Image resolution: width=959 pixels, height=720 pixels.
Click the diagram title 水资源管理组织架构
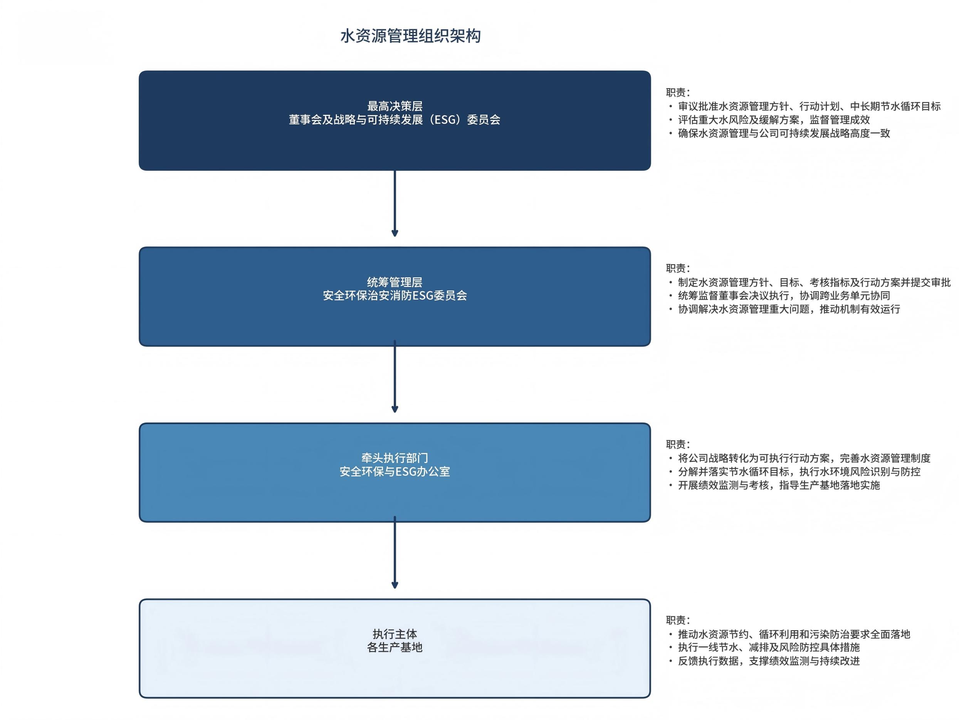410,36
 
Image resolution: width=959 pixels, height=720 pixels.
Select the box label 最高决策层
395,106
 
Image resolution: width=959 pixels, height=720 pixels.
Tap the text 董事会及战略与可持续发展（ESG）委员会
395,120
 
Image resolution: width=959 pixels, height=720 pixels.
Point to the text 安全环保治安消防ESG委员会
395,295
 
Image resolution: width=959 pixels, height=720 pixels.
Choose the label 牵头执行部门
395,458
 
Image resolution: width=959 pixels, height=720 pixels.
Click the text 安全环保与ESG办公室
395,472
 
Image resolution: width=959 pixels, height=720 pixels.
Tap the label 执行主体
395,634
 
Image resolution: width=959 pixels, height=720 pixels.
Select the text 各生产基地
395,648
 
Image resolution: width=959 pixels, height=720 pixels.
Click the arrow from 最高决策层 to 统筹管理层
395,204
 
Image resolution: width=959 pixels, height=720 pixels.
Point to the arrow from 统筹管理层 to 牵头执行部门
395,377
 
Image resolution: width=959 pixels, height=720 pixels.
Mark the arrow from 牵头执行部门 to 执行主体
395,553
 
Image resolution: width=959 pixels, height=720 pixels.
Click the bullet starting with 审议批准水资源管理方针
809,106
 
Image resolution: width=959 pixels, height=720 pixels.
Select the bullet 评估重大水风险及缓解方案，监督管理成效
774,120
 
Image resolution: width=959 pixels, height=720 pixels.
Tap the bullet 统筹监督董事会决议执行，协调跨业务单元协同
784,295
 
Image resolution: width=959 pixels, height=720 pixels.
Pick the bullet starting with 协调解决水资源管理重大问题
789,309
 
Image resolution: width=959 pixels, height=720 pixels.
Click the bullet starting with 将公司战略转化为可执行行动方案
804,458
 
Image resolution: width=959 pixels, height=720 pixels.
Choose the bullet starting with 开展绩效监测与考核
779,485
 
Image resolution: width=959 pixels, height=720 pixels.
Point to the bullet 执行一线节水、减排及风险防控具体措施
769,647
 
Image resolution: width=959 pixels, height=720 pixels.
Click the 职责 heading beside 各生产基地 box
677,620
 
